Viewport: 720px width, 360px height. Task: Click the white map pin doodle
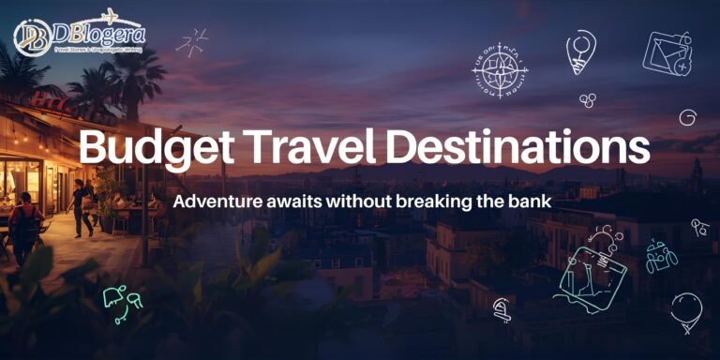(581, 52)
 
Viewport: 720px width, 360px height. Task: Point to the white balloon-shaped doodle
(685, 309)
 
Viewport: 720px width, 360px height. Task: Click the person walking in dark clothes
(83, 207)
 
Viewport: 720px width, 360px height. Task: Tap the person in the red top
(26, 224)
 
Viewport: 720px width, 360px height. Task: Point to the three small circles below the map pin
(588, 97)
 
